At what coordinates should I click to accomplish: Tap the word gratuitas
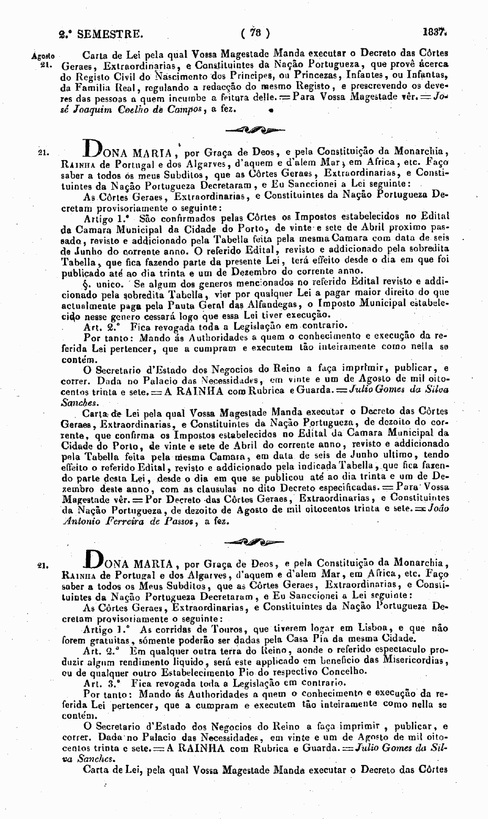click(110, 639)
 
